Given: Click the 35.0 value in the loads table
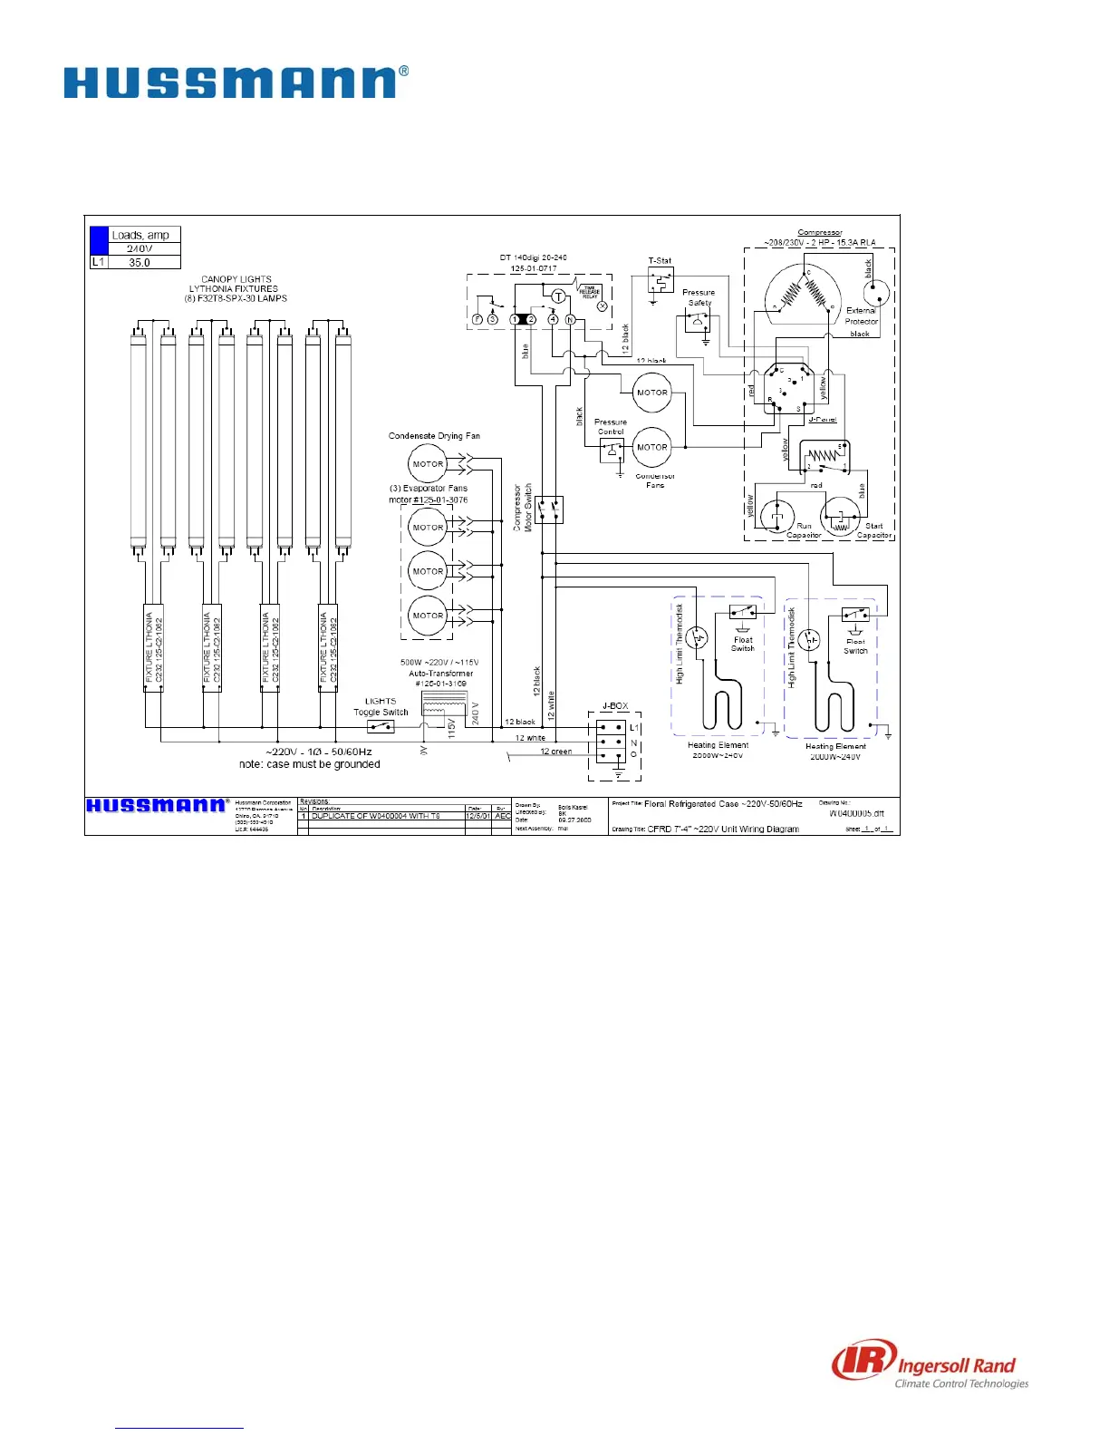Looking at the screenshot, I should (x=140, y=263).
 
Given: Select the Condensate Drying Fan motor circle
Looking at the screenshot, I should (x=428, y=464).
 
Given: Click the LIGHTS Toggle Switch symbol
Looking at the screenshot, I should (x=381, y=727).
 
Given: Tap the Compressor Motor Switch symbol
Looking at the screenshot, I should (x=548, y=510).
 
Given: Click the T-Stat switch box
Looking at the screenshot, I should (x=661, y=280).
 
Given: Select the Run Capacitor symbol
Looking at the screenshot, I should (x=776, y=517).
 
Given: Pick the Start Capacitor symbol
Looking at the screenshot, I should (x=839, y=518).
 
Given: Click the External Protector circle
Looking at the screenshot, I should (x=875, y=292).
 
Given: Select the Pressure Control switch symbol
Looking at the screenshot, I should (x=612, y=451).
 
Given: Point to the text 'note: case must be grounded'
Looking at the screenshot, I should (x=310, y=764).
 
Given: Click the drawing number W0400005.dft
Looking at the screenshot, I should (x=856, y=814).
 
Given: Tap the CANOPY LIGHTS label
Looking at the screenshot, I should (x=236, y=279).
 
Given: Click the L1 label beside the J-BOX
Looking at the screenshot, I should (x=634, y=728).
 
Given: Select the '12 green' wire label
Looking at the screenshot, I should (x=555, y=752).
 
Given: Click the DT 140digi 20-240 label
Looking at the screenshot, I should (x=534, y=257).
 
